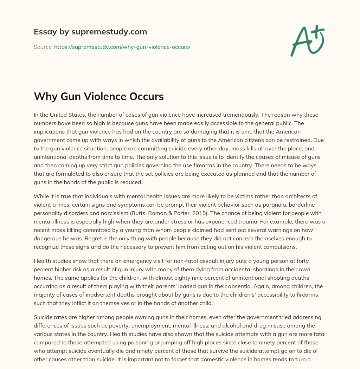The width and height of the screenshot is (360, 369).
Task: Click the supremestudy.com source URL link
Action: click(122, 47)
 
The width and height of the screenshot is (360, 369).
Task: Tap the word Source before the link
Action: click(43, 47)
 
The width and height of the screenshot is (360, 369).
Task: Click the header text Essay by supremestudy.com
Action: click(90, 32)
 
